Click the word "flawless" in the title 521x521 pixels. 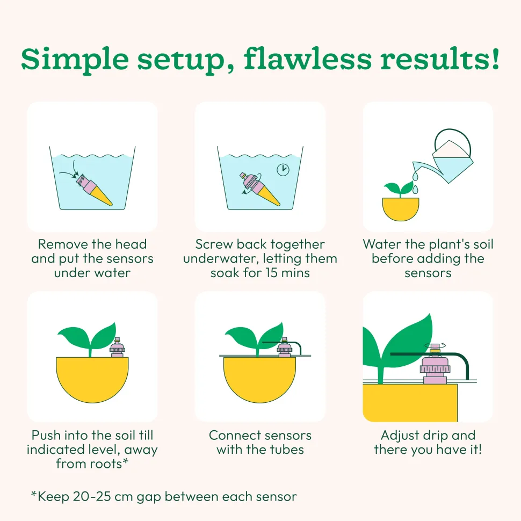tap(307, 59)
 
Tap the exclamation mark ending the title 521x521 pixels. tap(495, 59)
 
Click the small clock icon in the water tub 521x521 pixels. tap(283, 169)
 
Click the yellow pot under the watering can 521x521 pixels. tap(400, 209)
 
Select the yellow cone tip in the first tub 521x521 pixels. tap(102, 197)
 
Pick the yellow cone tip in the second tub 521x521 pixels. tap(269, 197)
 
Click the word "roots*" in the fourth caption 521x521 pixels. tap(108, 464)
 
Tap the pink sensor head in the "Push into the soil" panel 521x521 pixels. tap(117, 348)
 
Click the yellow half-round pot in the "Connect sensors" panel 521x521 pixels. tap(259, 379)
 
